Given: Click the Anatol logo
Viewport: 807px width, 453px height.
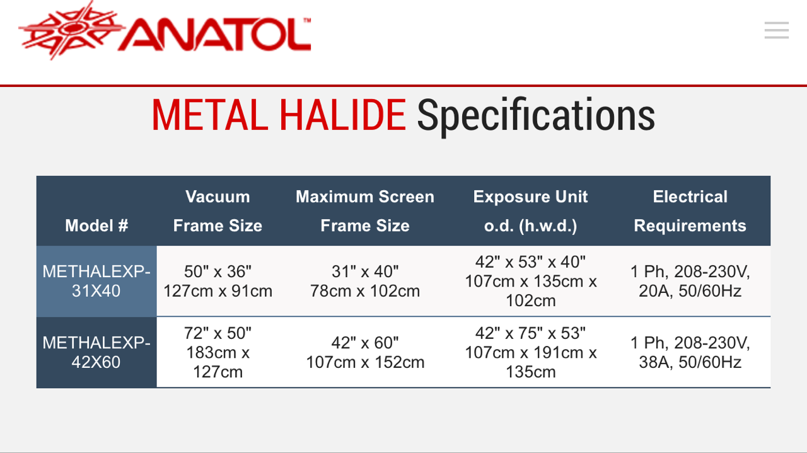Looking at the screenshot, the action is [x=165, y=31].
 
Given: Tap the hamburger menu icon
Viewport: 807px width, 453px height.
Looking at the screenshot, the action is [x=776, y=30].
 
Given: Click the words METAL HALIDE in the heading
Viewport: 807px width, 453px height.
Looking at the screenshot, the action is [x=279, y=115].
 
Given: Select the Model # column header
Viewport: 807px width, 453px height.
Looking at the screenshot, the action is [x=96, y=226].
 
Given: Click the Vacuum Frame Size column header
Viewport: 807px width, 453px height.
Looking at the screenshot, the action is [x=218, y=211].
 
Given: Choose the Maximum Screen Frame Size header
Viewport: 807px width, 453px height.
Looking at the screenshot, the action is [x=365, y=211].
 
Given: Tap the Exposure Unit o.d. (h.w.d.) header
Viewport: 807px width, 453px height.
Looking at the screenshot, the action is [x=530, y=211].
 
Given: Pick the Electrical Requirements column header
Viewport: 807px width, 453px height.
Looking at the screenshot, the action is [x=690, y=211].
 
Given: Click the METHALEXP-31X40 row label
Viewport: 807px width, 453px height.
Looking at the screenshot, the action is [x=96, y=281].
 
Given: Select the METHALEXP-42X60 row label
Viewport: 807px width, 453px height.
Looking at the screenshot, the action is [x=96, y=352].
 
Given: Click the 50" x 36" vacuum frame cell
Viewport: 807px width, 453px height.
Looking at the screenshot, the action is [x=218, y=281].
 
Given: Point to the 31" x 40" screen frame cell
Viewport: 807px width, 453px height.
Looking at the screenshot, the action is [x=365, y=281].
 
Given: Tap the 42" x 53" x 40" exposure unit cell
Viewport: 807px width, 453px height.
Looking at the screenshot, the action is [x=530, y=281].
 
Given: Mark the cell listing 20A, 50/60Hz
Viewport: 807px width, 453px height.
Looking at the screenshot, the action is [x=690, y=281].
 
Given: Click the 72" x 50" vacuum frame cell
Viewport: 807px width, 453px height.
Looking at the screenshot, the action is [x=218, y=352].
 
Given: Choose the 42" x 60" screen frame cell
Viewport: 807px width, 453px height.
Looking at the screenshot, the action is [x=365, y=352].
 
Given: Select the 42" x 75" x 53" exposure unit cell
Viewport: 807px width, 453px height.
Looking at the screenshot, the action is [x=530, y=352].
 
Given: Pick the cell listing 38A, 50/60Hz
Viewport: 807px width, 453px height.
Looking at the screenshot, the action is [x=690, y=352].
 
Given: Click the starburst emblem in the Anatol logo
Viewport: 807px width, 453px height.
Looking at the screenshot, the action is [x=71, y=30].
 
